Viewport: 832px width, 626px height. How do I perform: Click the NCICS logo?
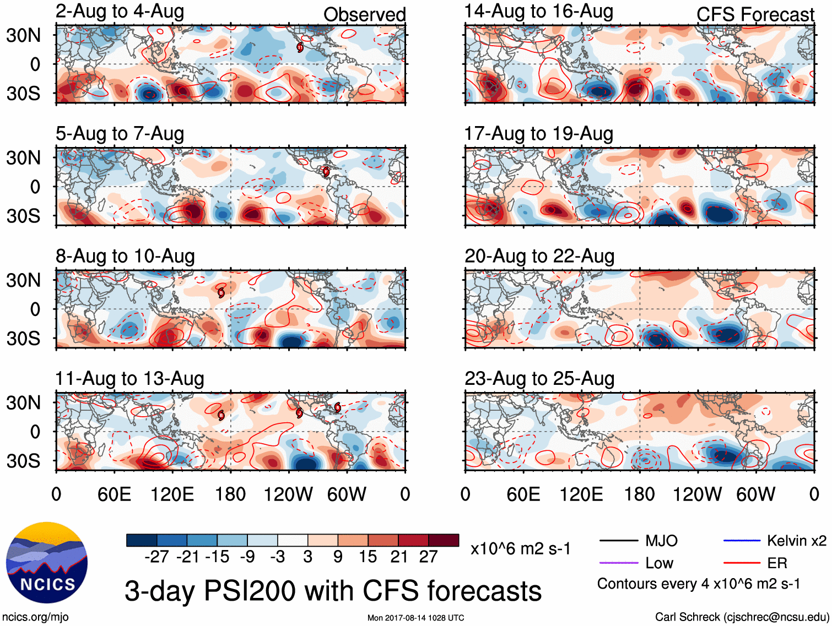tap(47, 562)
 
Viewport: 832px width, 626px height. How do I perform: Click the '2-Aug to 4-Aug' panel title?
tap(120, 12)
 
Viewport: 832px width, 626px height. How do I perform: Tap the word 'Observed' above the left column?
tap(364, 14)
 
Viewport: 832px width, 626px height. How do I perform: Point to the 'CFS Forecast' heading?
tap(755, 14)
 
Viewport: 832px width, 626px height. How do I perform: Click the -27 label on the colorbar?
tap(156, 557)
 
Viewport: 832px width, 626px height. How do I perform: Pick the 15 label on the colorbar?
tap(368, 557)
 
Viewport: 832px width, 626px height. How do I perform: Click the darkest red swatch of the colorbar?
tap(444, 540)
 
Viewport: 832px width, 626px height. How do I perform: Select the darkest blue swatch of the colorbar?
tap(142, 540)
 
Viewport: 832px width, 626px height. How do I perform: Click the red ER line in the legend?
tap(742, 563)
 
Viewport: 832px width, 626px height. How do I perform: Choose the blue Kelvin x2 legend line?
tap(742, 541)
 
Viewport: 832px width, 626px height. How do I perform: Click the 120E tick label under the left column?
tap(172, 494)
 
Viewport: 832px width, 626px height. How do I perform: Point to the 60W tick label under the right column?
tap(755, 494)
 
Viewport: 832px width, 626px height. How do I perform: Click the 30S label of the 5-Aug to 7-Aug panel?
tap(23, 215)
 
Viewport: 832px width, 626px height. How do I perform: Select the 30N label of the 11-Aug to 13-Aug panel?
tap(23, 402)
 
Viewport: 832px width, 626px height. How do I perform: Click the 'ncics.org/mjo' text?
tap(35, 617)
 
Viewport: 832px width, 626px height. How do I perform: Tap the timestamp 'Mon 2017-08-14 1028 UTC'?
tap(415, 618)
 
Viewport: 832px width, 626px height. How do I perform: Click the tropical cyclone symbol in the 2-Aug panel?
tap(300, 47)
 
